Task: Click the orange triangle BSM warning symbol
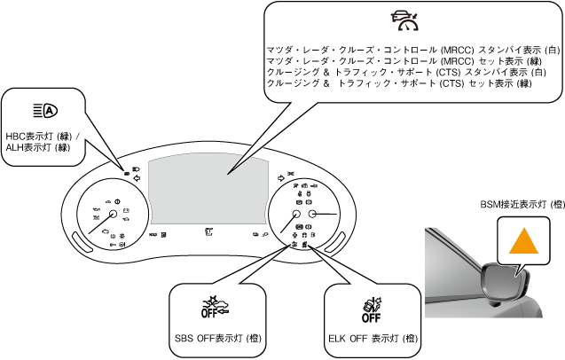click(523, 243)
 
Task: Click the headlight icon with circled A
click(44, 110)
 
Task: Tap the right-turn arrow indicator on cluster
click(281, 176)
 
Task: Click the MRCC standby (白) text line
click(412, 49)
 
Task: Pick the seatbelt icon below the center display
click(207, 233)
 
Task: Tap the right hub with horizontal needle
click(315, 215)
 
